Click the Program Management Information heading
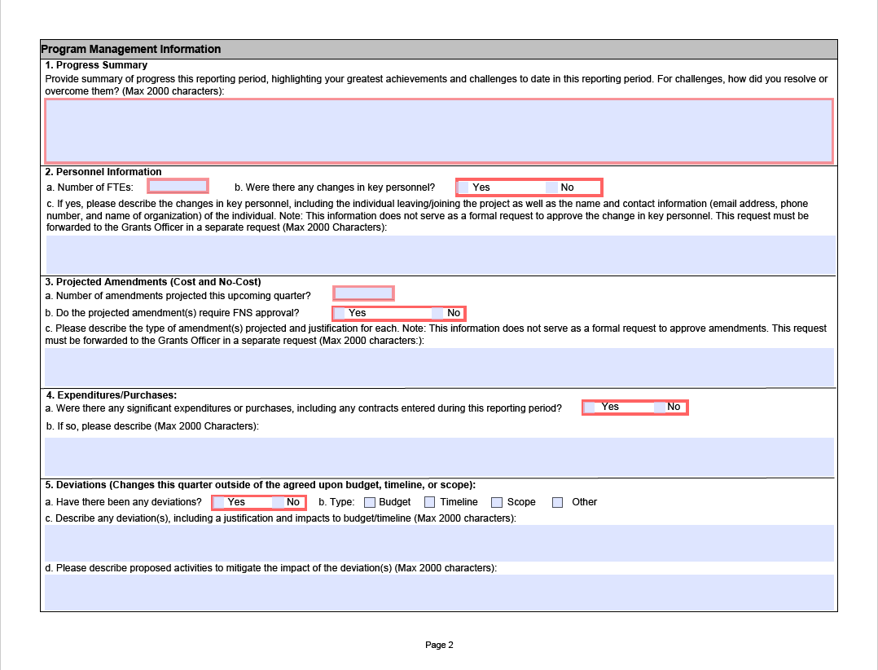[131, 49]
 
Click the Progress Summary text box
[438, 130]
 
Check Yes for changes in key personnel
[463, 187]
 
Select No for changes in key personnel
[551, 187]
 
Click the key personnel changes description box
[440, 254]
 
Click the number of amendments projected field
[363, 293]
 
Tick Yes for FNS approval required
[340, 313]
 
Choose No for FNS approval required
[437, 313]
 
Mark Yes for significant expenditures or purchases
[589, 408]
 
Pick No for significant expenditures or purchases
[659, 408]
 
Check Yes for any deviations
[218, 502]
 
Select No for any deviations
[278, 502]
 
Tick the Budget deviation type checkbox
[370, 502]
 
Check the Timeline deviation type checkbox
[430, 502]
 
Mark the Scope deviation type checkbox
[497, 502]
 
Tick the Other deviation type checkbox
[558, 502]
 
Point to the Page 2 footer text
[439, 645]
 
